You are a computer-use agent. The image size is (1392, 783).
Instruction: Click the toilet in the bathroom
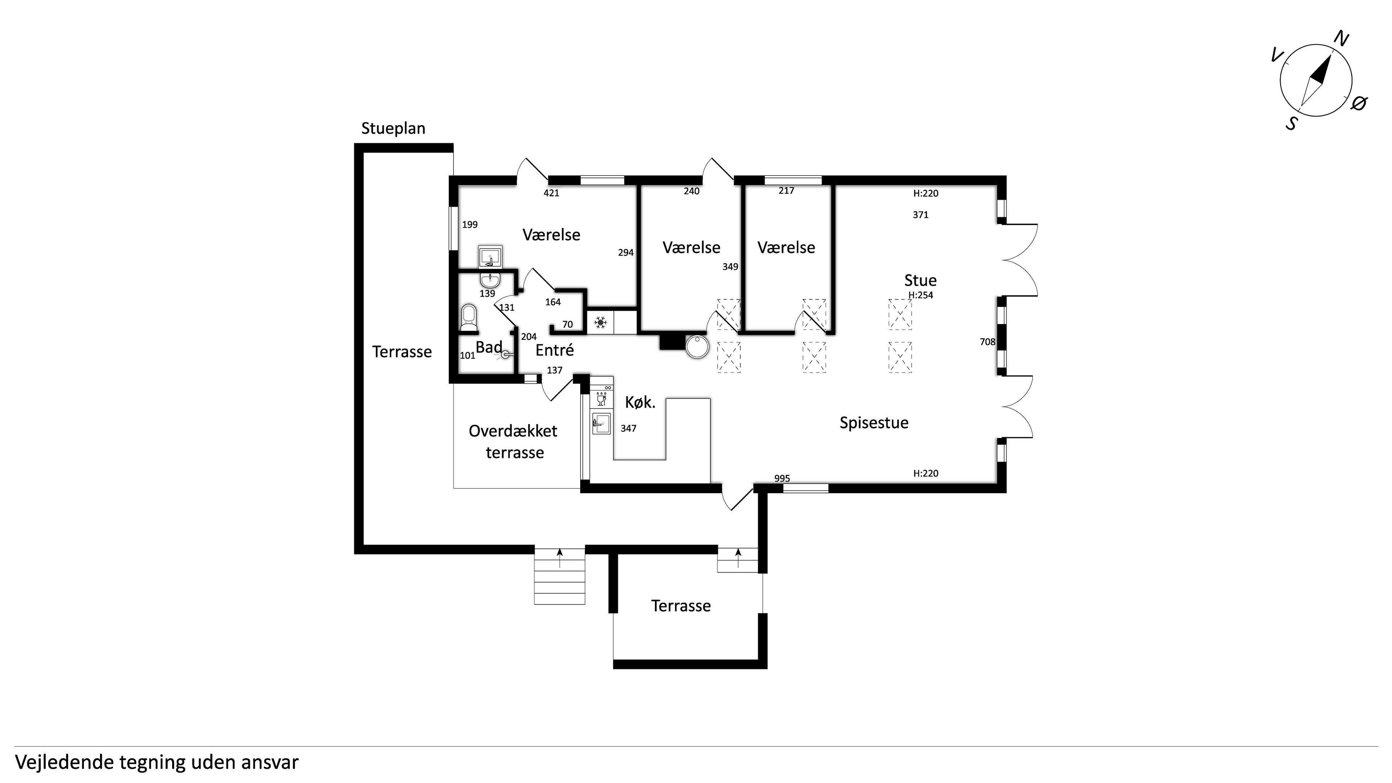click(469, 318)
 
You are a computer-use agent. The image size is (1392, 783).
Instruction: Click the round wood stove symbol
click(697, 347)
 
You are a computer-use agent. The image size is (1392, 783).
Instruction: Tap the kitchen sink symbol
click(601, 424)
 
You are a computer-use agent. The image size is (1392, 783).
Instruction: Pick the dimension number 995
click(782, 478)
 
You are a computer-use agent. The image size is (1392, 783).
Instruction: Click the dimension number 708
click(987, 341)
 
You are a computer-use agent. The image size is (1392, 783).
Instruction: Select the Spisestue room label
click(874, 423)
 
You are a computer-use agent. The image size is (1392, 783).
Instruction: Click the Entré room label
click(554, 350)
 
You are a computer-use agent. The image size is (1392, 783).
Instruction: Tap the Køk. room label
click(640, 402)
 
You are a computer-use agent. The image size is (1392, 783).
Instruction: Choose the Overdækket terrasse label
click(514, 442)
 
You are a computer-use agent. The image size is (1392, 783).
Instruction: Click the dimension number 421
click(551, 193)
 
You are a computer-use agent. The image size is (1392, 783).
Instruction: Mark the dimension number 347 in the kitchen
click(628, 428)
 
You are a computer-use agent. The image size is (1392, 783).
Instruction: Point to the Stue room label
click(920, 281)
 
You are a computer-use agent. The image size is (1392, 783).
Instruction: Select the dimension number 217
click(786, 191)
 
